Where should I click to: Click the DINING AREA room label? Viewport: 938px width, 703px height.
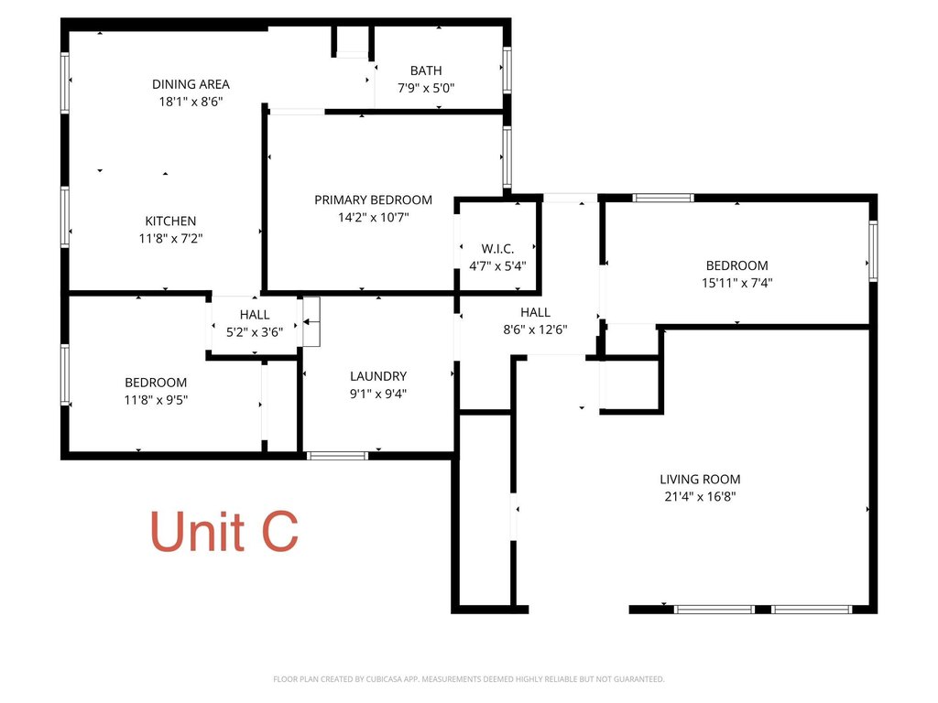click(x=191, y=84)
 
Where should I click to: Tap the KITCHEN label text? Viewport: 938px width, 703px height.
click(x=170, y=222)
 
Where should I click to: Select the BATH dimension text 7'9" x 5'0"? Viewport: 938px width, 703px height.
click(x=426, y=88)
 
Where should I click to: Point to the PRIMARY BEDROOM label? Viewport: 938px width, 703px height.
click(x=374, y=200)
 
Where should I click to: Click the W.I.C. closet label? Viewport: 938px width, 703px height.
click(x=497, y=249)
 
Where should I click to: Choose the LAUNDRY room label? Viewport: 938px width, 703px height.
click(x=378, y=376)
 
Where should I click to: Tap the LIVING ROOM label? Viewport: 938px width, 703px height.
click(x=700, y=479)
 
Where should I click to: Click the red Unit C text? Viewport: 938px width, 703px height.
click(x=224, y=531)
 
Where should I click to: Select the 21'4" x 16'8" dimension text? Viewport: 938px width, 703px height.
click(x=700, y=496)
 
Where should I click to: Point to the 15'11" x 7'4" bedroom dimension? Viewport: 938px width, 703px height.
click(x=737, y=283)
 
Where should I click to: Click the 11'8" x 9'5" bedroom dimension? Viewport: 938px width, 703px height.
click(x=156, y=400)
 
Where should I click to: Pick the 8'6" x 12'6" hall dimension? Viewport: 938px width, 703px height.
click(x=535, y=330)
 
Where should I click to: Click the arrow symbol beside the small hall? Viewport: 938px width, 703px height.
click(x=310, y=321)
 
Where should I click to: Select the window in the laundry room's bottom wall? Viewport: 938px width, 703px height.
click(x=337, y=456)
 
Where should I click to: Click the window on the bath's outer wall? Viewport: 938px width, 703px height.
click(x=507, y=70)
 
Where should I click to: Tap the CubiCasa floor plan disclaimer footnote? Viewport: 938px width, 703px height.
click(x=468, y=679)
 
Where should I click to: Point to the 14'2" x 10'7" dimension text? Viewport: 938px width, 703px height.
click(x=374, y=217)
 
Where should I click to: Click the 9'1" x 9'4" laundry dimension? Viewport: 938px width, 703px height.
click(x=378, y=394)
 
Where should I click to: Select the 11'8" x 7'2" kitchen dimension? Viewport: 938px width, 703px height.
click(x=170, y=239)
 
